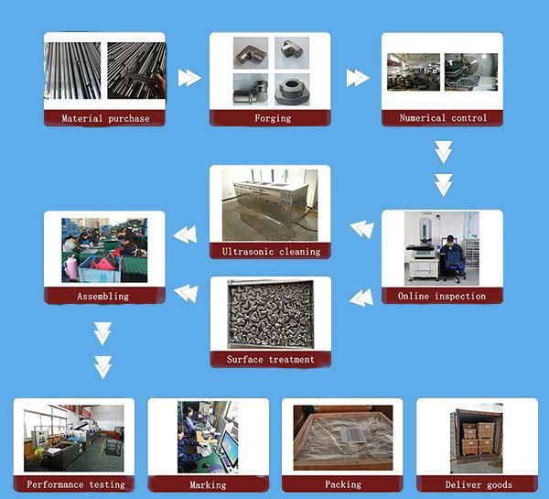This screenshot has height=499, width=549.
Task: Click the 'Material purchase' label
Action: pyautogui.click(x=104, y=118)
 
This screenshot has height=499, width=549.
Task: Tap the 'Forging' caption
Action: pyautogui.click(x=271, y=118)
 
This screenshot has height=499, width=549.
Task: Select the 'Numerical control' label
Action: pyautogui.click(x=443, y=118)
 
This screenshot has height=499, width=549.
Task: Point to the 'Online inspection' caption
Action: pyautogui.click(x=442, y=297)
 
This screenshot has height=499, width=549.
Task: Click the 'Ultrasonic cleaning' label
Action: pyautogui.click(x=271, y=251)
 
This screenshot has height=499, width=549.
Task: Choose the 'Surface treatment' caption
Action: pyautogui.click(x=271, y=360)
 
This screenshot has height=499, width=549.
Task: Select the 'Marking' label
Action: pyautogui.click(x=208, y=484)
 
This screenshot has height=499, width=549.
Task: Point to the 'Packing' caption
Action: pyautogui.click(x=342, y=484)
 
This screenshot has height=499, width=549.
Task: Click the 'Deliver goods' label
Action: pyautogui.click(x=478, y=484)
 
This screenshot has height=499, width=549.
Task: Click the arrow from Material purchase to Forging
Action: pyautogui.click(x=188, y=78)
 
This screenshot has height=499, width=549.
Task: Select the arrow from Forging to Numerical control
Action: pyautogui.click(x=358, y=78)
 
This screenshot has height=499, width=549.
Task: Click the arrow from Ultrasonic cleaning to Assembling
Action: pyautogui.click(x=186, y=235)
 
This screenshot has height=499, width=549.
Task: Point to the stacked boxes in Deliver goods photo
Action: pyautogui.click(x=478, y=438)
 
